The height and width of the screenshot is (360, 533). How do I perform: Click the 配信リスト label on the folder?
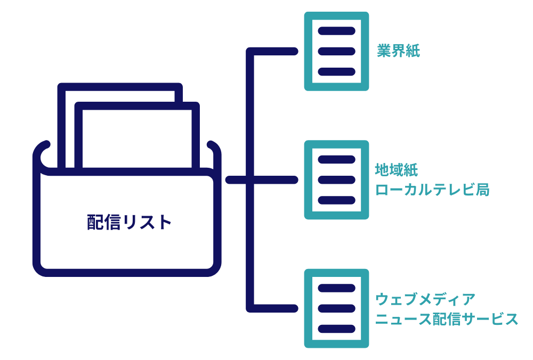130,222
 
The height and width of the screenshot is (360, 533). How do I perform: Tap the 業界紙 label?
398,52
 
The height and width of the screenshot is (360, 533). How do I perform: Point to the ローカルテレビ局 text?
432,190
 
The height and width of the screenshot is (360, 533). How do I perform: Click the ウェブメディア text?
425,299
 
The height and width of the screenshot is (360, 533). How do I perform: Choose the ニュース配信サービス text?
446,319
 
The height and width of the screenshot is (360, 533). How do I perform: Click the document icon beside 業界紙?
336,51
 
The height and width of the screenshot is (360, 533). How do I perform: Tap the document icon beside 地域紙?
336,180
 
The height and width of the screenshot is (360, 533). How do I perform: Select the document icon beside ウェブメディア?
336,308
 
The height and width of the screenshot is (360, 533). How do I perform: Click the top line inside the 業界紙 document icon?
336,31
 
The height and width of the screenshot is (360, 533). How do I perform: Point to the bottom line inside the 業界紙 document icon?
336,71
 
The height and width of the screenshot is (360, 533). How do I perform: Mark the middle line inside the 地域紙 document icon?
336,180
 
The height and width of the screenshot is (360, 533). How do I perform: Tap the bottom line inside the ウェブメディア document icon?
336,329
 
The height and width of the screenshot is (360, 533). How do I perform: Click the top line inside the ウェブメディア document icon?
336,288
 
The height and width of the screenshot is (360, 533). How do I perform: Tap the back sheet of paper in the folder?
120,93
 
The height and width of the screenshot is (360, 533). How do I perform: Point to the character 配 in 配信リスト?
95,222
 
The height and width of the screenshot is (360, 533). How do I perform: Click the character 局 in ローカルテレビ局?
482,190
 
